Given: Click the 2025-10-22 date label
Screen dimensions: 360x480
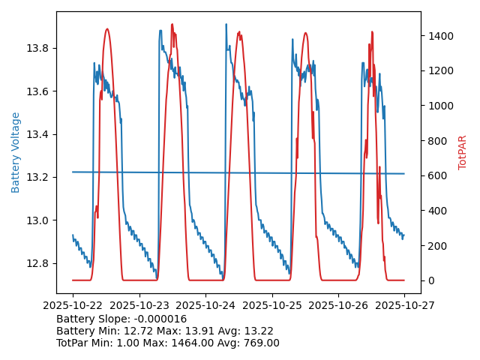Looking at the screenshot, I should pos(73,306).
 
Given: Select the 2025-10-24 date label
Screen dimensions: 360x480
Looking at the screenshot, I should pos(205,306).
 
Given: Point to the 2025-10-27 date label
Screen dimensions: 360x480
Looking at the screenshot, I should pos(404,306).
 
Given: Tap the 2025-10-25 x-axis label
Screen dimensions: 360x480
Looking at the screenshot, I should pos(271,306).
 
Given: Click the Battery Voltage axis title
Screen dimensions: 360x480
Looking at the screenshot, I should pos(16,152).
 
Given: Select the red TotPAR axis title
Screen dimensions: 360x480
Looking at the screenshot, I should pos(463,152).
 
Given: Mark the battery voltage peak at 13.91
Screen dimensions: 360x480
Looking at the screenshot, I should pos(226,25).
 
